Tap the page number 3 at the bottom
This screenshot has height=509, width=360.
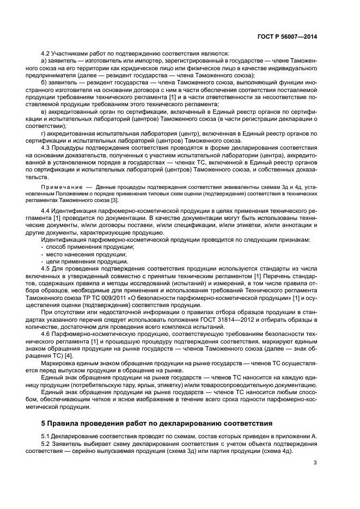315,463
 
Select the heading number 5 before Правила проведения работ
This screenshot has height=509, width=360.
44,424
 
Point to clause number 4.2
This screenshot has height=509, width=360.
47,53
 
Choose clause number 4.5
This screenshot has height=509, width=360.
47,268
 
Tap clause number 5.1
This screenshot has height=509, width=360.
47,437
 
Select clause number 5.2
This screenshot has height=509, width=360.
47,444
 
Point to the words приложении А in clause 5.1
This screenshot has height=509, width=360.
297,437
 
